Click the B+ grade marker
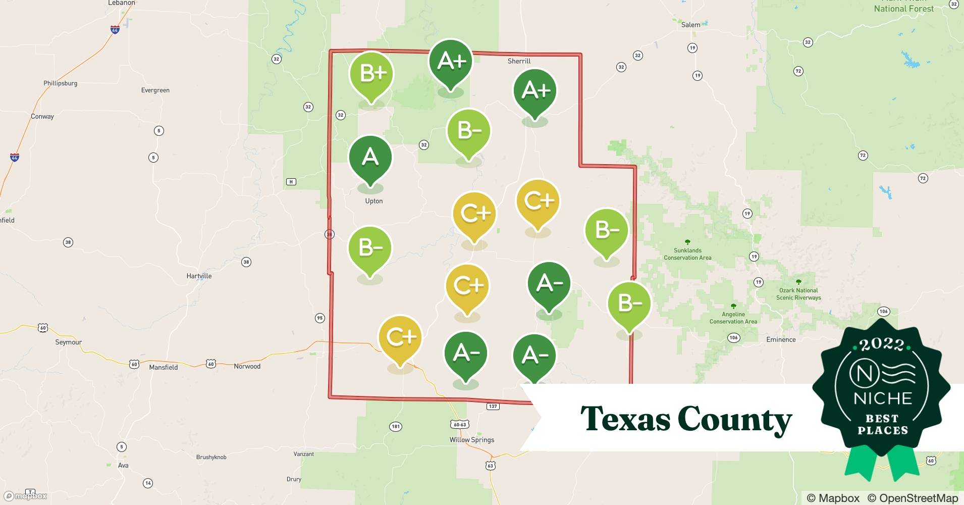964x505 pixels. point(371,75)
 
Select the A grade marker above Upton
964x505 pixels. point(370,158)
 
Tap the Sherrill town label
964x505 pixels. point(519,61)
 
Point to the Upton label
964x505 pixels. point(373,201)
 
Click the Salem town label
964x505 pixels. point(690,25)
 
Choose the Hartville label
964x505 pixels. point(199,276)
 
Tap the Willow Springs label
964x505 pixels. point(472,440)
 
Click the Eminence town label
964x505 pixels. point(781,340)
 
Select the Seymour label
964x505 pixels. point(68,342)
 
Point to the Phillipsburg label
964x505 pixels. point(60,83)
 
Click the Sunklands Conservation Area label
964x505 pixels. point(687,254)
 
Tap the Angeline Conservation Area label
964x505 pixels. point(733,318)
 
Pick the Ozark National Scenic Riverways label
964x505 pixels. point(798,294)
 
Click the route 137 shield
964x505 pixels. point(493,406)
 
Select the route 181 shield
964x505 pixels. point(396,427)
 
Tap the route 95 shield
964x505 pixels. point(319,318)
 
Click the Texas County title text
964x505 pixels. point(685,419)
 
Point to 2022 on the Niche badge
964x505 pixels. point(882,345)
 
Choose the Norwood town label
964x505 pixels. point(247,367)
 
